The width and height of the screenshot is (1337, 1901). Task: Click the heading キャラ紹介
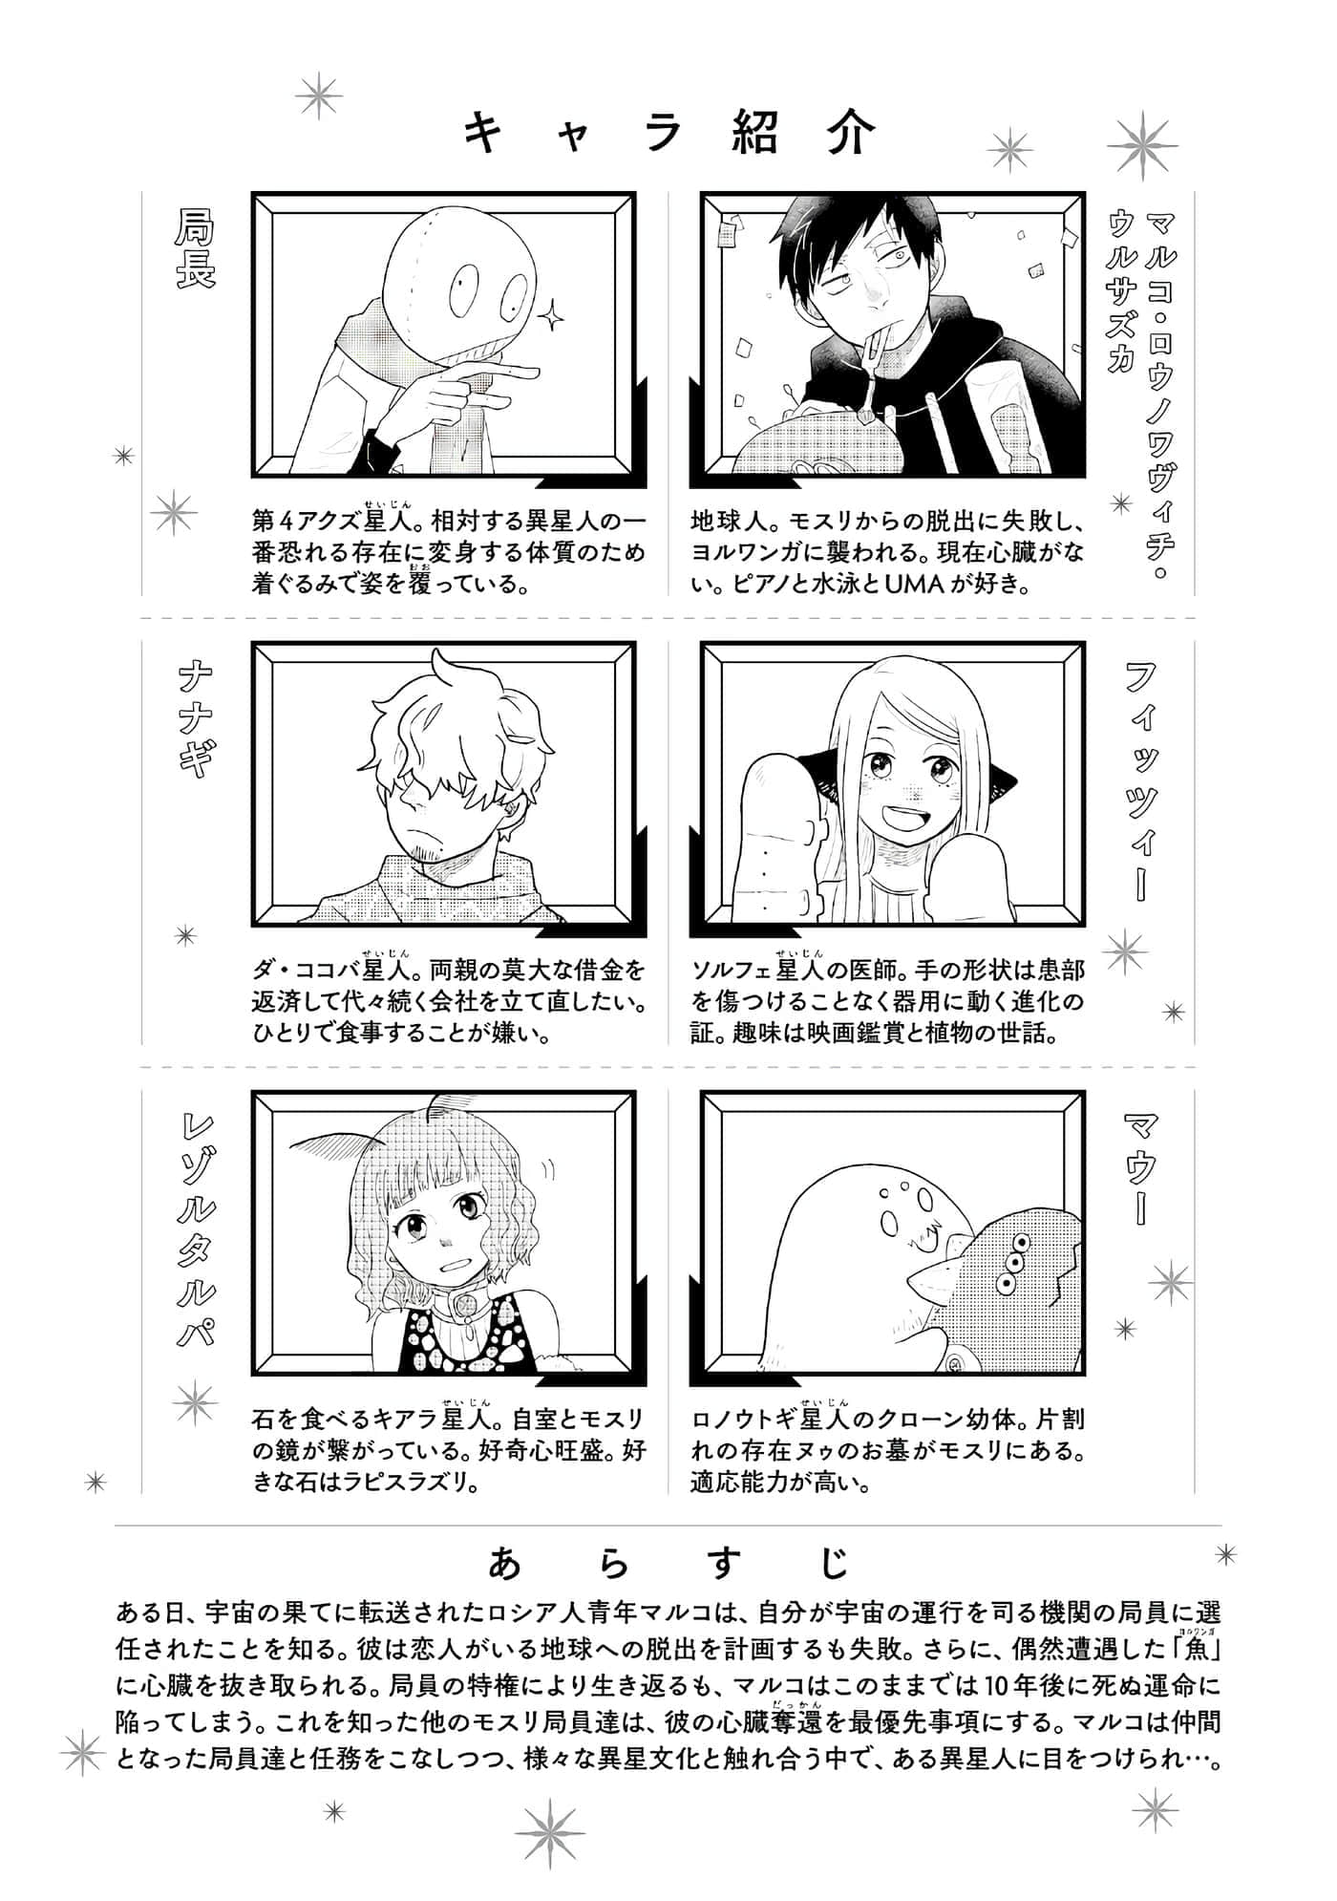[668, 135]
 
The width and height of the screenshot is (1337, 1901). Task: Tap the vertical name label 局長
[195, 249]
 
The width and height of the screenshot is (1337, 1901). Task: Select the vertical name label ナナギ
[195, 721]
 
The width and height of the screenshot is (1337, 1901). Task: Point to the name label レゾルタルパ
[195, 1232]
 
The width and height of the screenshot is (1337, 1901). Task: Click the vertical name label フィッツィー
[1141, 783]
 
